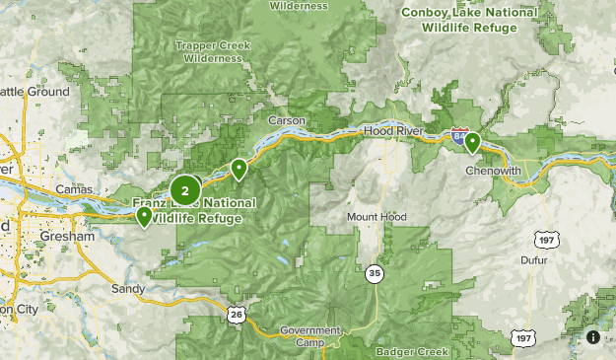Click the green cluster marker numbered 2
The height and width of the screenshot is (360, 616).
point(185,190)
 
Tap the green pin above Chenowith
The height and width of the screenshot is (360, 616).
point(472,142)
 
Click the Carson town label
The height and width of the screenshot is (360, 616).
point(287,120)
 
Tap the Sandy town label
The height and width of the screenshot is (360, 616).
point(128,289)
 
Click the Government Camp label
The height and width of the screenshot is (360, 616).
point(308,336)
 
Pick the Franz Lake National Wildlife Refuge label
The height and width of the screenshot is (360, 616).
point(193,210)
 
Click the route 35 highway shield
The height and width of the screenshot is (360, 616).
point(374,273)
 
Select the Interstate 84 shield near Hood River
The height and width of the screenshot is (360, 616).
point(459,134)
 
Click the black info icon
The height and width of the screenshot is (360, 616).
point(593,337)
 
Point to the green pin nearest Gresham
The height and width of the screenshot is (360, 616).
point(145,216)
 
